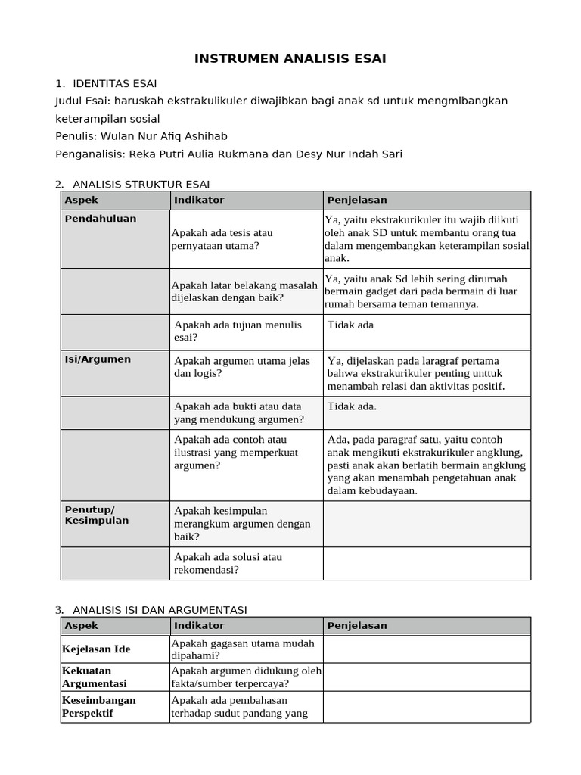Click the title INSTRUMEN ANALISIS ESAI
click(290, 59)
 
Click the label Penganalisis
click(90, 154)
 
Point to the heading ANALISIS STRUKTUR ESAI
click(141, 184)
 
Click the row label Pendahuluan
click(101, 219)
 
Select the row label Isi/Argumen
click(98, 359)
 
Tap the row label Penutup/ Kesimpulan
click(97, 515)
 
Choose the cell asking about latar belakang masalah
click(244, 291)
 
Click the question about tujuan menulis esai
click(238, 331)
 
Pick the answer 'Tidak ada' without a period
click(350, 325)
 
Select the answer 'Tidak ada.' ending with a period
click(352, 406)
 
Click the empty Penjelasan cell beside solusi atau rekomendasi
click(427, 564)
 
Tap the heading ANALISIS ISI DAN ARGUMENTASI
click(160, 610)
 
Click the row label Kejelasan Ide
click(96, 649)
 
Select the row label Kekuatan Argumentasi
click(95, 677)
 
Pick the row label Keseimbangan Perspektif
click(99, 706)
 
